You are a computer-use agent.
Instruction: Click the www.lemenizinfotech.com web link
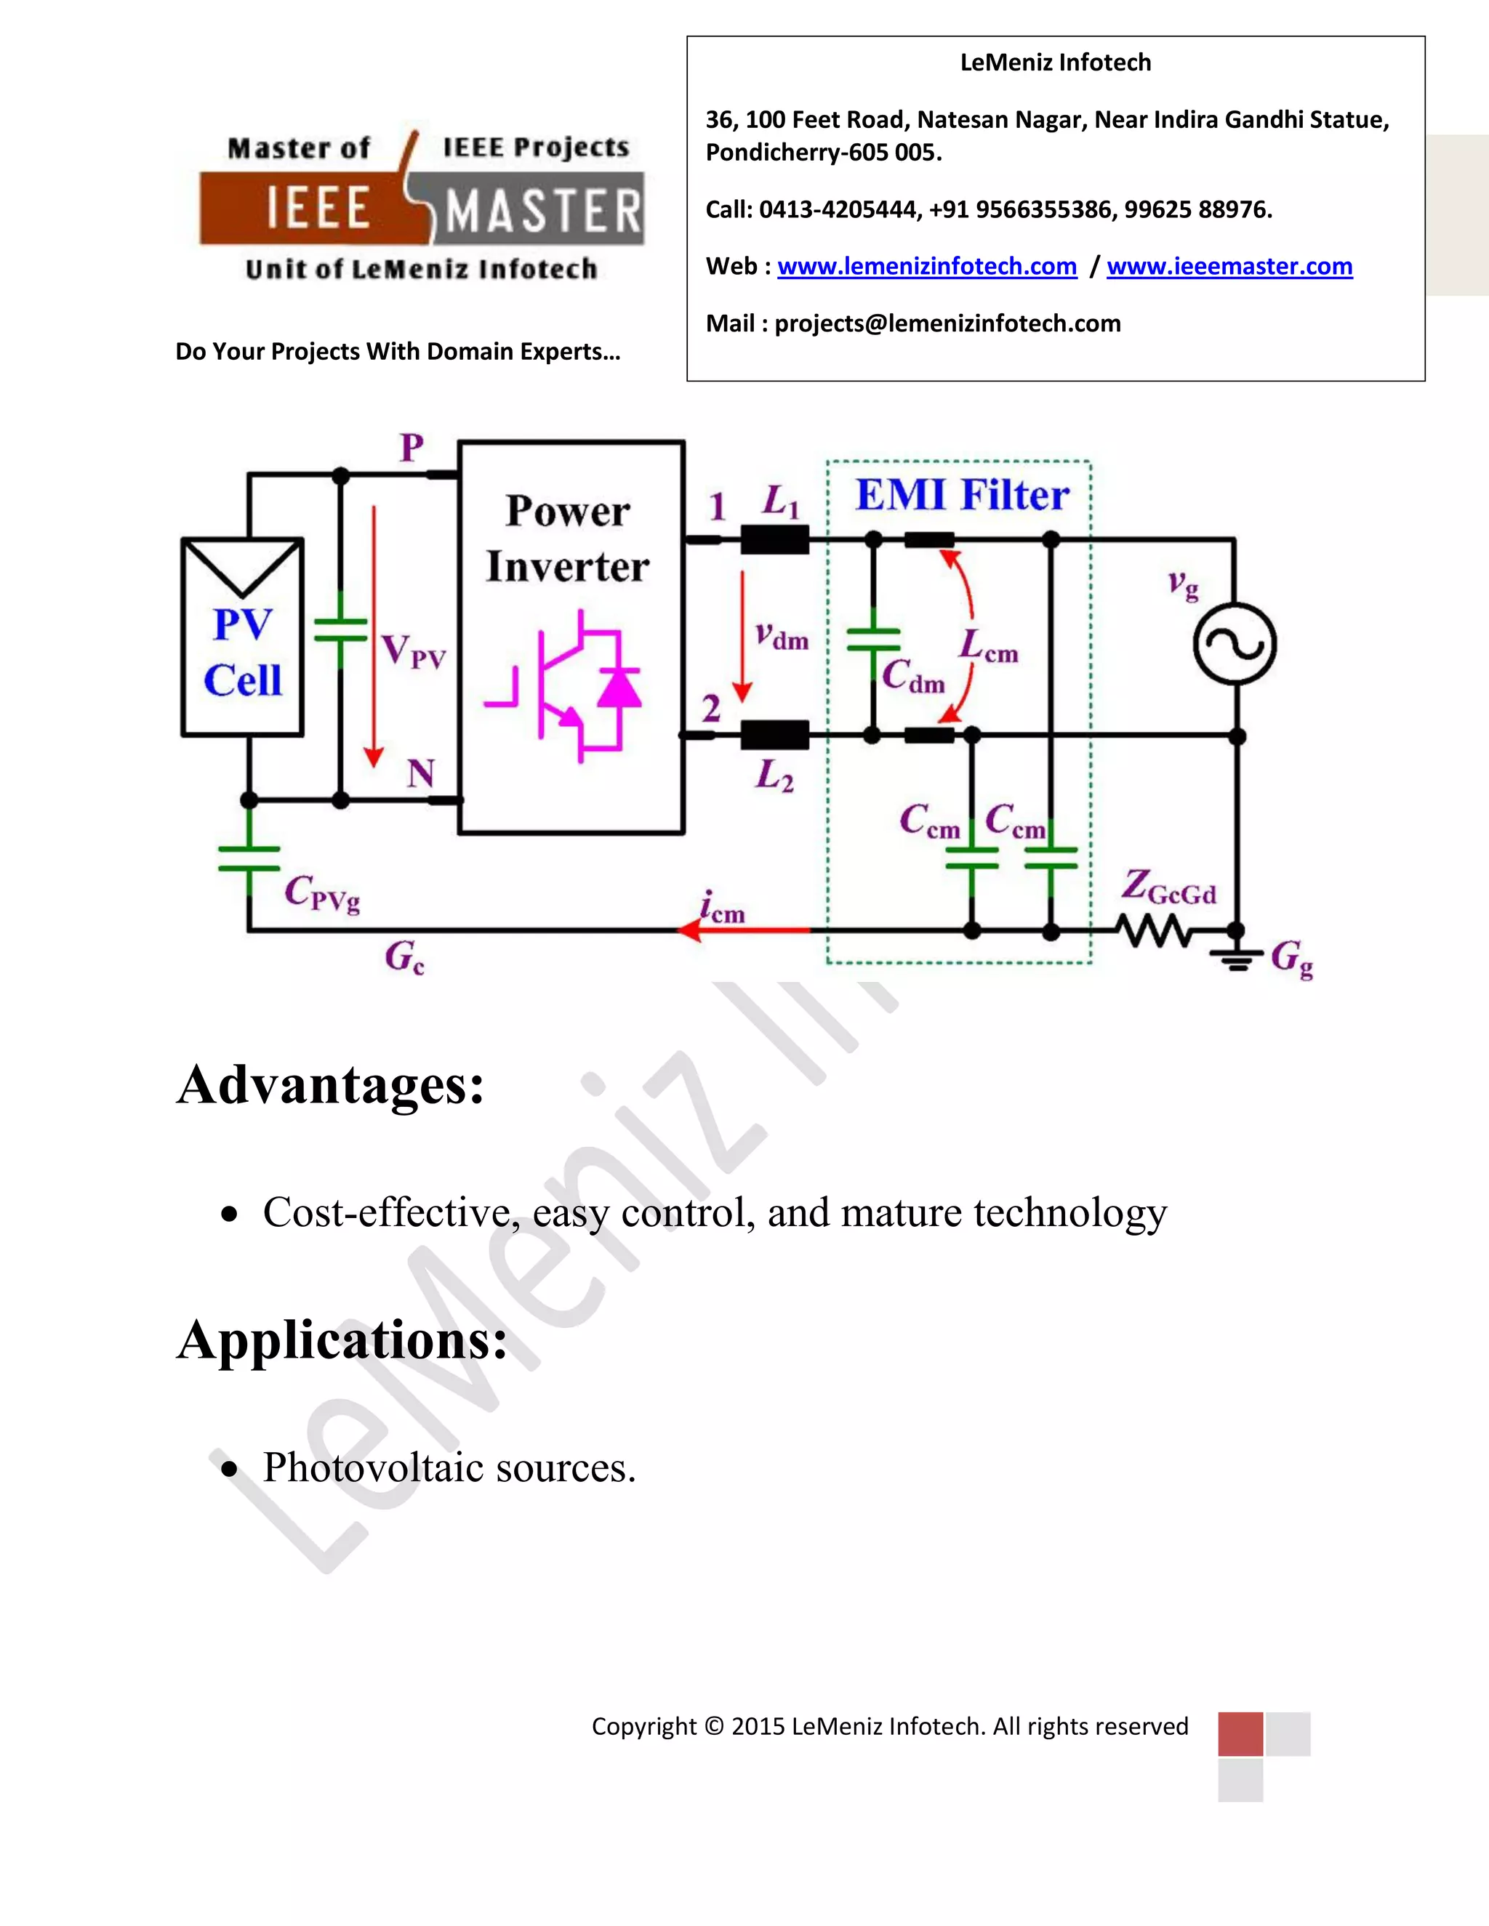pyautogui.click(x=926, y=266)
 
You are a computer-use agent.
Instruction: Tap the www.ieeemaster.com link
pyautogui.click(x=1229, y=266)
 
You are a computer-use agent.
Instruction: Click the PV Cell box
pyautogui.click(x=243, y=637)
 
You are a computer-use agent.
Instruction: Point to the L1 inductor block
pyautogui.click(x=774, y=539)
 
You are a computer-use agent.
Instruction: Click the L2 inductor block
pyautogui.click(x=774, y=735)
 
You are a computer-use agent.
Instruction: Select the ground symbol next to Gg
pyautogui.click(x=1236, y=958)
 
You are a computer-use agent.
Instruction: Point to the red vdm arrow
pyautogui.click(x=743, y=635)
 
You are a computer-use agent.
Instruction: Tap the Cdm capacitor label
pyautogui.click(x=913, y=677)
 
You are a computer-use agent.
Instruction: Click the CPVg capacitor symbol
pyautogui.click(x=249, y=859)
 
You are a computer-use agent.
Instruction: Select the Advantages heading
pyautogui.click(x=331, y=1084)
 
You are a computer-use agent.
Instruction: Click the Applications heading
pyautogui.click(x=342, y=1339)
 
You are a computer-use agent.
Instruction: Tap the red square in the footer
pyautogui.click(x=1240, y=1733)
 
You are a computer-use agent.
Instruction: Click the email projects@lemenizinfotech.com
pyautogui.click(x=947, y=323)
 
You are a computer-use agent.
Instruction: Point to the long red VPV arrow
pyautogui.click(x=374, y=635)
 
